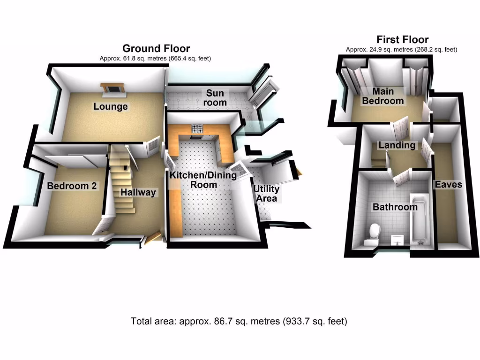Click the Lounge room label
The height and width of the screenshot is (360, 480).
[x=111, y=106]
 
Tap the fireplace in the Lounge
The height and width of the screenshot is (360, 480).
[x=112, y=88]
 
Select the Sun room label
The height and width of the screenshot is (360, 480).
[x=216, y=97]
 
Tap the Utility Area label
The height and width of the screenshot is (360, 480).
[x=266, y=194]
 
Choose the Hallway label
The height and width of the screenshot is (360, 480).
[x=138, y=192]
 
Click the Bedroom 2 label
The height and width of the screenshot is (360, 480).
[x=72, y=186]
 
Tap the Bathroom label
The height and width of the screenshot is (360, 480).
[x=395, y=207]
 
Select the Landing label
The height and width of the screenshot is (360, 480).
[x=397, y=145]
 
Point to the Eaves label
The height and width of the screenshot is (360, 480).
[x=448, y=185]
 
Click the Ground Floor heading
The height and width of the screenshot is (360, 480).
[x=156, y=48]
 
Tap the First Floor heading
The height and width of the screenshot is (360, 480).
[x=402, y=40]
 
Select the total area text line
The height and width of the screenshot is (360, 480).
[x=239, y=322]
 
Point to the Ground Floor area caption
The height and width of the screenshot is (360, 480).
[x=156, y=59]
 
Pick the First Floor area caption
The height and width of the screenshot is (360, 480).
[x=401, y=49]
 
